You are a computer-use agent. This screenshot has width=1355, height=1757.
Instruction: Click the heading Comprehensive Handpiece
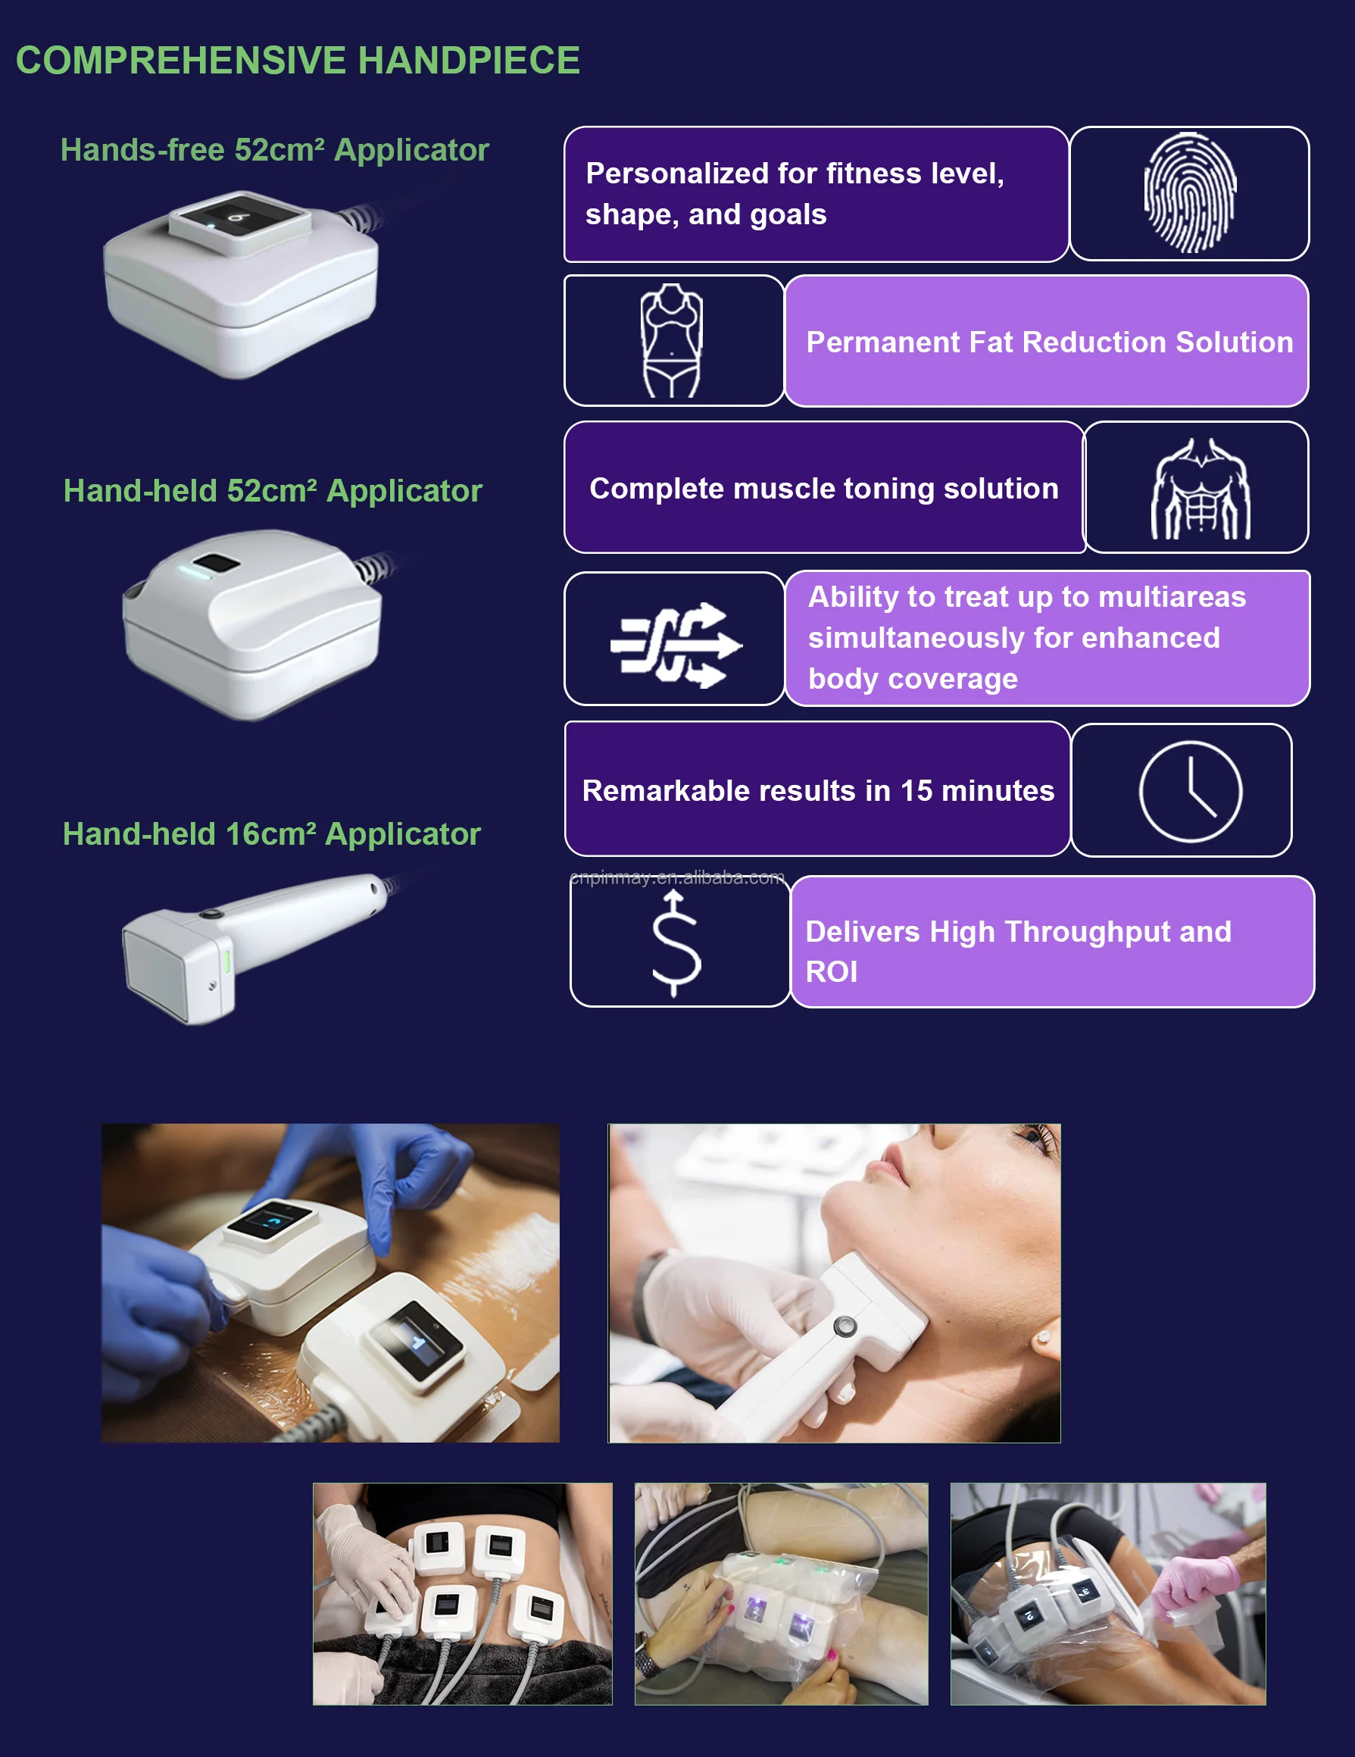pos(298,61)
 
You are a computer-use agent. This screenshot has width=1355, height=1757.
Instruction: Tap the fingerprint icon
pos(1189,193)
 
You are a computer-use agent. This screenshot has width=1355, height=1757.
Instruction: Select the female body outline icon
pos(672,340)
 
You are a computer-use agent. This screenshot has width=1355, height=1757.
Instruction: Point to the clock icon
pos(1190,792)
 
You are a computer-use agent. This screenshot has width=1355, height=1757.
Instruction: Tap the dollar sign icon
pos(676,943)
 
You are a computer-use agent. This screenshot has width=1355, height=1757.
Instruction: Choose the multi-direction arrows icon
pos(676,645)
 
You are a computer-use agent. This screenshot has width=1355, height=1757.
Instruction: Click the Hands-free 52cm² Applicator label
pos(274,149)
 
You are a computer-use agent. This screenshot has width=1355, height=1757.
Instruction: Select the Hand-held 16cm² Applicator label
pos(272,834)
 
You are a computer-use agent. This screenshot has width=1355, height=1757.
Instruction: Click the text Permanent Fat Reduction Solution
pos(1050,342)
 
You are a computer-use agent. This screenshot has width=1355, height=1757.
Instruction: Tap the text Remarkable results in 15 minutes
pos(818,791)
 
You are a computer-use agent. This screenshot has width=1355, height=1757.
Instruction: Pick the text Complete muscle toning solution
pos(823,489)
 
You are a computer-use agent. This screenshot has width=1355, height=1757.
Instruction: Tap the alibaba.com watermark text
pos(676,877)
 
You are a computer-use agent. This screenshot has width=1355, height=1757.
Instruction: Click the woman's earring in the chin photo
pos(1043,1338)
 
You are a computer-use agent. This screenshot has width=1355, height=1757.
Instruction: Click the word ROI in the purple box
pos(832,972)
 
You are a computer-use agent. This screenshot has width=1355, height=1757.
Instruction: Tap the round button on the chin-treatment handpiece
pos(845,1324)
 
